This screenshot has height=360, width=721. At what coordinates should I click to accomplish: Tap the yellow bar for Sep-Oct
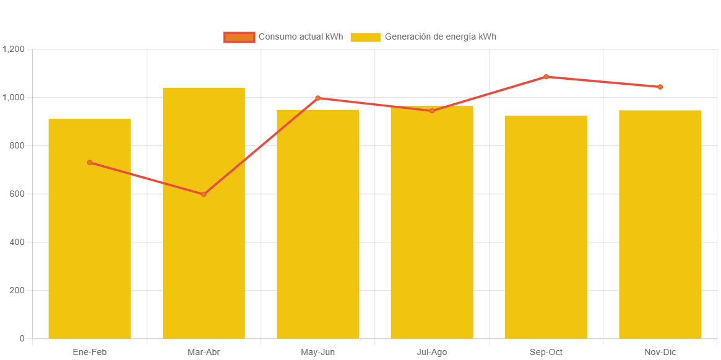(x=546, y=226)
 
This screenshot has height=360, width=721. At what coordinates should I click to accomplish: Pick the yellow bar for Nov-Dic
(x=660, y=224)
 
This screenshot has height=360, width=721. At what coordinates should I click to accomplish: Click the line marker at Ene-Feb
(x=90, y=163)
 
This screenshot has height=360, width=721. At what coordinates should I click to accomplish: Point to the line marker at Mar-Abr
(x=204, y=194)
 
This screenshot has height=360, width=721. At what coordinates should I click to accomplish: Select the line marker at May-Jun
(x=317, y=98)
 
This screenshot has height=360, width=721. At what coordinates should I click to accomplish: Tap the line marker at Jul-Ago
(x=432, y=111)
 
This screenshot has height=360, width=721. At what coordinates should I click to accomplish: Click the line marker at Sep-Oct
(x=546, y=77)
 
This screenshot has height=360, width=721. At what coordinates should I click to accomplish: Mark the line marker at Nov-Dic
(x=660, y=87)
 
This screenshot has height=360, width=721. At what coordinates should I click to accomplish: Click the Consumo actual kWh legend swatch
(x=240, y=37)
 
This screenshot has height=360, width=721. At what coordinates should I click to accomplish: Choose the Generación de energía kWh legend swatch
(x=365, y=37)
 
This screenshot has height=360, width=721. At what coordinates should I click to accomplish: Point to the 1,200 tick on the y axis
(x=13, y=49)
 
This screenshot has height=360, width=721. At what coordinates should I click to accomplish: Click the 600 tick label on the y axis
(x=17, y=194)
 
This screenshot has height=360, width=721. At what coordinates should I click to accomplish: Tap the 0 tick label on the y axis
(x=22, y=338)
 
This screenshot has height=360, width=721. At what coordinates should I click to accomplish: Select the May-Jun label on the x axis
(x=317, y=352)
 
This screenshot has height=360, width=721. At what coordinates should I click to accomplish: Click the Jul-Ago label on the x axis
(x=432, y=352)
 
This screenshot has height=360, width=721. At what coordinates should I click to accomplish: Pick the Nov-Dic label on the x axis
(x=660, y=352)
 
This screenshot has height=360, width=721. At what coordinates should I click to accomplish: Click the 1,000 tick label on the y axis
(x=13, y=97)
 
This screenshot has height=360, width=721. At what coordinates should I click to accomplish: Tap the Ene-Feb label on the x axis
(x=90, y=352)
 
